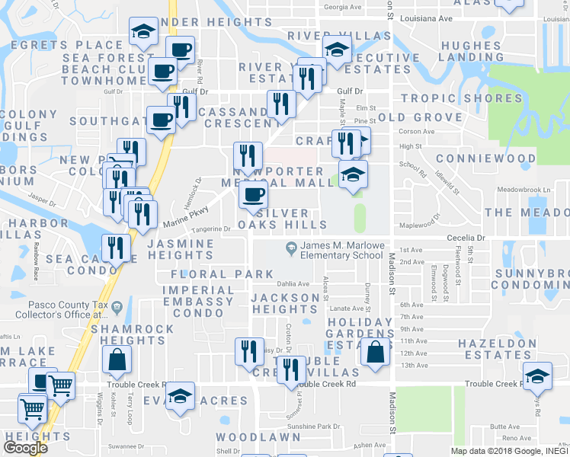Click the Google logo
tap(25, 447)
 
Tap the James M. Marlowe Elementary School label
tap(341, 251)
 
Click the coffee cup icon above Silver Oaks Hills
tap(253, 195)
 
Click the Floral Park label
tap(222, 274)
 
